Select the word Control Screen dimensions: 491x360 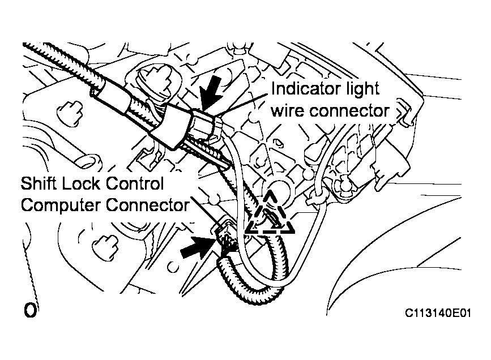[x=135, y=183]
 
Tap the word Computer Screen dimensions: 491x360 [x=61, y=206]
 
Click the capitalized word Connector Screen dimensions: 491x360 [x=147, y=205]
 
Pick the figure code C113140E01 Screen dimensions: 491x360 [x=438, y=313]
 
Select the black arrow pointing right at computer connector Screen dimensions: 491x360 [x=198, y=247]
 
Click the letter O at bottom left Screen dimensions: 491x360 [x=30, y=310]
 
